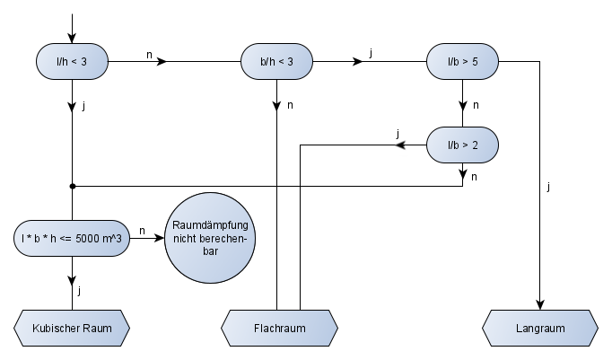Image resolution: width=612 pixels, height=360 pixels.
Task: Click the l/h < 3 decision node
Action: (x=72, y=62)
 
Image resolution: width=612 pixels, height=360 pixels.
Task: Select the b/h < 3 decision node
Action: (x=276, y=62)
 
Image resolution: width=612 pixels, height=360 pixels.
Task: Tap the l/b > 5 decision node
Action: (x=462, y=62)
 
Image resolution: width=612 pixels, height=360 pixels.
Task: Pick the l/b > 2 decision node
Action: (x=462, y=145)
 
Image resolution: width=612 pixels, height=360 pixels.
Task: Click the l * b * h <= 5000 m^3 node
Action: (x=72, y=238)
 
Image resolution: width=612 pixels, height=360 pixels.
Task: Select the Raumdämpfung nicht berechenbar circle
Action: (x=210, y=238)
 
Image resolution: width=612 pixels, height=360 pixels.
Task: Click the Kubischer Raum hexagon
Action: (x=72, y=328)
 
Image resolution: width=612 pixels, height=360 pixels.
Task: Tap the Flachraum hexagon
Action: (x=279, y=328)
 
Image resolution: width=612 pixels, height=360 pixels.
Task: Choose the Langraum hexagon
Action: (x=540, y=328)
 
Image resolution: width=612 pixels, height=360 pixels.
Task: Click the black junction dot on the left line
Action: (x=72, y=186)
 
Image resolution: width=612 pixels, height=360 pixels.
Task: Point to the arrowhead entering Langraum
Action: (x=540, y=305)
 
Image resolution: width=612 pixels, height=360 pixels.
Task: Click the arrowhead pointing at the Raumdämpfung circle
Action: (x=159, y=238)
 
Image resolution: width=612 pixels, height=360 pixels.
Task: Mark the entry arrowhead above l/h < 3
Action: (x=72, y=38)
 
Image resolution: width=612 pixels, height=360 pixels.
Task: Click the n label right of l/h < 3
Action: (x=149, y=55)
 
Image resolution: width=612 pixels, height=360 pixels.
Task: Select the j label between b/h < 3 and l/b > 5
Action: (x=371, y=53)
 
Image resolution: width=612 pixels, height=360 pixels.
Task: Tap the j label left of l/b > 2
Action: (x=398, y=134)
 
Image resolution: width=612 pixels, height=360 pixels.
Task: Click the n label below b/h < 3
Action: (x=290, y=105)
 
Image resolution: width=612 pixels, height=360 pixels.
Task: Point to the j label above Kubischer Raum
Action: (x=80, y=291)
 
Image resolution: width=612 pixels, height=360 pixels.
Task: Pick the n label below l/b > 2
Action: (x=474, y=177)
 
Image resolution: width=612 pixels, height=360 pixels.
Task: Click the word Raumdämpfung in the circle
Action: (x=210, y=225)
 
